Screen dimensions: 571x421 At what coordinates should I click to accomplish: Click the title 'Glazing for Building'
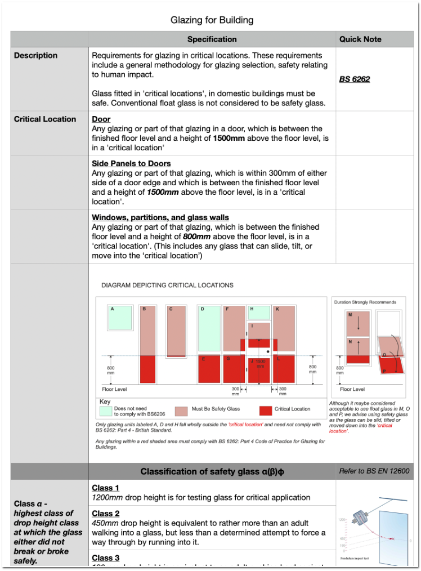tap(212, 20)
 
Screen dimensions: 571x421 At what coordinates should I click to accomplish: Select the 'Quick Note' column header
tap(360, 39)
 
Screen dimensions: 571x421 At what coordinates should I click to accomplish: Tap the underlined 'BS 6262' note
tap(355, 79)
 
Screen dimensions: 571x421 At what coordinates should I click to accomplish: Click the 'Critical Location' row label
tap(45, 119)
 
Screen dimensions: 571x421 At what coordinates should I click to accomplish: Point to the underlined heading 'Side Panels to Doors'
tap(131, 163)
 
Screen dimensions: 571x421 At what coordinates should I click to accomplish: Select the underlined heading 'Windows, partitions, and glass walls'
tap(160, 217)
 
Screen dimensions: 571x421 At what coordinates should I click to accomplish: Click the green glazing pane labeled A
tap(119, 317)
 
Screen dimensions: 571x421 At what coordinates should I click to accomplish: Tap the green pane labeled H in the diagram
tap(259, 312)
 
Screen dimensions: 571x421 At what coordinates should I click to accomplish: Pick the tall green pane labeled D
tap(209, 328)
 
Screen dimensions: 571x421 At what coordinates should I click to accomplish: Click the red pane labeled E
tap(209, 369)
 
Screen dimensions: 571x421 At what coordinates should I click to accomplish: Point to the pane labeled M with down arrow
tap(357, 322)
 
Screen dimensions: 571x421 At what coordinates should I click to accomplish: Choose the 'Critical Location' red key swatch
tap(265, 411)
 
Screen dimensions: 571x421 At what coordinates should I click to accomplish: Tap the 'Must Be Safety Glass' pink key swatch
tap(181, 411)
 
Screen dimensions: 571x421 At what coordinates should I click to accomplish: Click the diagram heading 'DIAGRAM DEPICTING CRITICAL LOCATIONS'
tap(167, 285)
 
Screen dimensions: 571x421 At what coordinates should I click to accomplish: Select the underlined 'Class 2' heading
tap(106, 514)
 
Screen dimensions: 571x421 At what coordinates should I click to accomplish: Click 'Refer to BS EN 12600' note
tap(374, 471)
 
